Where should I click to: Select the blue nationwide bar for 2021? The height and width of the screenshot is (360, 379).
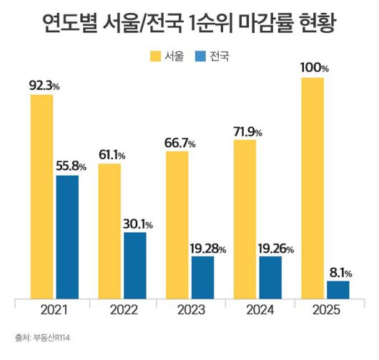[67, 236]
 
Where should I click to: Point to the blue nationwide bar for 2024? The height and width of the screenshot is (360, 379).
[270, 277]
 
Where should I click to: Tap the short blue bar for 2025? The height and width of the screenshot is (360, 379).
[338, 289]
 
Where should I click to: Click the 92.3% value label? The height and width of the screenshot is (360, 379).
[45, 86]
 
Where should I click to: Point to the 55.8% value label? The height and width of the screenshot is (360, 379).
[71, 167]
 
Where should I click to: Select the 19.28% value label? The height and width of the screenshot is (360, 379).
[207, 249]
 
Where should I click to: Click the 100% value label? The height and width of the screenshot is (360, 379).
[314, 69]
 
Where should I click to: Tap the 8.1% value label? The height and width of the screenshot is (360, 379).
[339, 272]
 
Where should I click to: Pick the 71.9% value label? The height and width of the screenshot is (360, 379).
[247, 132]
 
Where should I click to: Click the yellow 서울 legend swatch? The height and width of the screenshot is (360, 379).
[155, 55]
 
